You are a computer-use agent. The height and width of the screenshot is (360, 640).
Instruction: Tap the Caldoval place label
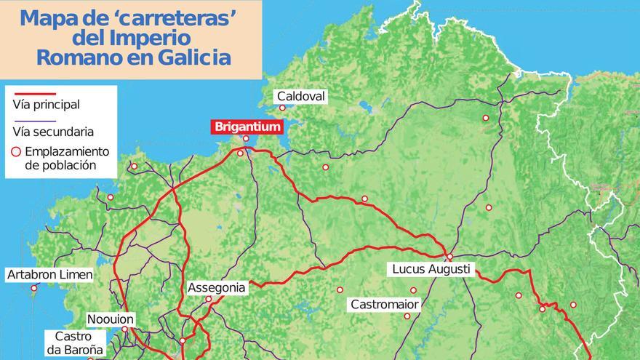(x=301, y=97)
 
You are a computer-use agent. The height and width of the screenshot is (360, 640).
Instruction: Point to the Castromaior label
(x=384, y=303)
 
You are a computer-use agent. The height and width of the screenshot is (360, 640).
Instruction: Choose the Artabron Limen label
(x=49, y=274)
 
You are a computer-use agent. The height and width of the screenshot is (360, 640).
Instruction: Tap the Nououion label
(x=111, y=319)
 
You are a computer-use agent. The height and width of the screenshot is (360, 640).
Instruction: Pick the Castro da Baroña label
(x=73, y=343)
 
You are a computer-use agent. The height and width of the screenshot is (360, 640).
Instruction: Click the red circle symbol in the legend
(x=16, y=152)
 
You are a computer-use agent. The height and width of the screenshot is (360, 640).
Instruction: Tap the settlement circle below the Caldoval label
(x=282, y=108)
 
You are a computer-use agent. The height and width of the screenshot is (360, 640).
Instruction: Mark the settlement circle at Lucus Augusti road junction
(x=449, y=257)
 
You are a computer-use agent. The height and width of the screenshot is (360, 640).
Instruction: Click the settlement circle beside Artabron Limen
(x=34, y=288)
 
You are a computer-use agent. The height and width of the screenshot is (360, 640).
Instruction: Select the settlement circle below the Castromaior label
(x=407, y=316)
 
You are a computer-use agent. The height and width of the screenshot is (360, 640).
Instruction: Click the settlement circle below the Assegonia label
(x=208, y=299)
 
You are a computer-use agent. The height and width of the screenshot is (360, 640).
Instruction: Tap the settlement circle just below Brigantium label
(x=246, y=138)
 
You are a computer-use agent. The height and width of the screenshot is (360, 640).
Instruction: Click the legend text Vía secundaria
(x=53, y=132)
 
